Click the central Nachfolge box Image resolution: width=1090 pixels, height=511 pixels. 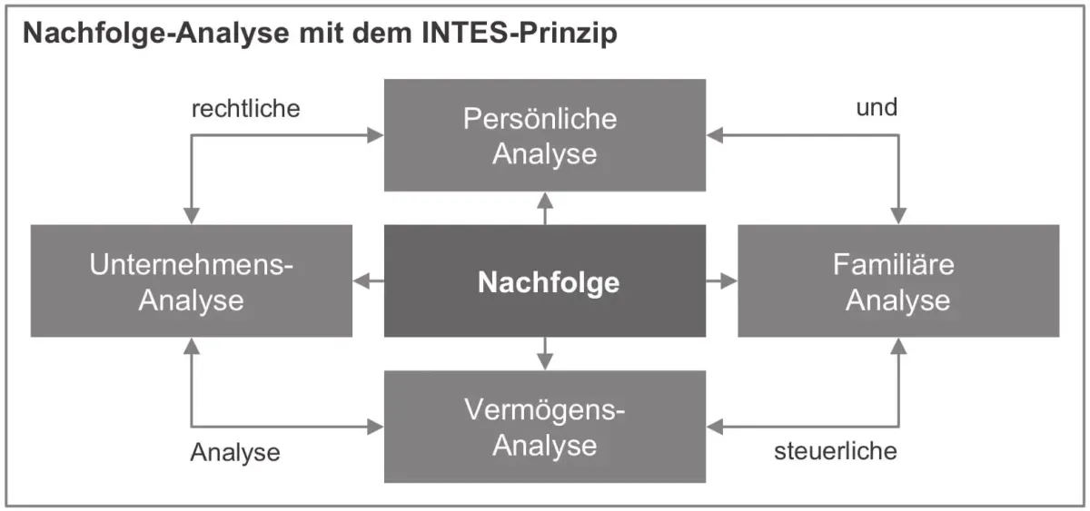pyautogui.click(x=544, y=280)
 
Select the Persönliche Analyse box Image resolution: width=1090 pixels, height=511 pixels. pyautogui.click(x=544, y=135)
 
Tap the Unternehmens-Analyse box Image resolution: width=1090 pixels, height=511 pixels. pyautogui.click(x=192, y=280)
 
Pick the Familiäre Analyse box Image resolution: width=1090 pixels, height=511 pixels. pyautogui.click(x=898, y=280)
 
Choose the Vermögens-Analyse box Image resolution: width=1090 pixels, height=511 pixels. pyautogui.click(x=544, y=427)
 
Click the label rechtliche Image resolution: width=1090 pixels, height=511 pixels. pyautogui.click(x=246, y=108)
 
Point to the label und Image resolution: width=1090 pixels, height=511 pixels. pyautogui.click(x=877, y=107)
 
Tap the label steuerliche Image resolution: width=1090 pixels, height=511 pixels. pyautogui.click(x=836, y=451)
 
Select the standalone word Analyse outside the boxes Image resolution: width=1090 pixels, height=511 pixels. pyautogui.click(x=235, y=453)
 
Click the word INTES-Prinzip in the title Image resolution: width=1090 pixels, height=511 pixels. pyautogui.click(x=520, y=33)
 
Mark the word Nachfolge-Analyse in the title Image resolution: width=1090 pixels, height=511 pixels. pyautogui.click(x=155, y=33)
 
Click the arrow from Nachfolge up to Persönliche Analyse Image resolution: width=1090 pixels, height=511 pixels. pyautogui.click(x=545, y=208)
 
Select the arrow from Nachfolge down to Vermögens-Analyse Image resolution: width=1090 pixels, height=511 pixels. pyautogui.click(x=545, y=353)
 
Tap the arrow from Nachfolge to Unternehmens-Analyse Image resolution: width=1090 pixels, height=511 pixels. pyautogui.click(x=369, y=280)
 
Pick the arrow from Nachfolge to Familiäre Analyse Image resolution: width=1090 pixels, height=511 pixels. pyautogui.click(x=721, y=280)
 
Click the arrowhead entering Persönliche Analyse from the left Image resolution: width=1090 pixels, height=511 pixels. pyautogui.click(x=375, y=135)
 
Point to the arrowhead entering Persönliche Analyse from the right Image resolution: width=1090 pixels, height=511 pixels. pyautogui.click(x=714, y=135)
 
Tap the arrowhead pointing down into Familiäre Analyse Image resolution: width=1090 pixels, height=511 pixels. pyautogui.click(x=898, y=216)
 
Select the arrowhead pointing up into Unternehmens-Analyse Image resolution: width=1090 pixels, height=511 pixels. pyautogui.click(x=192, y=346)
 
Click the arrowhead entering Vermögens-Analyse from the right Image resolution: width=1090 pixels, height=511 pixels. pyautogui.click(x=714, y=427)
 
